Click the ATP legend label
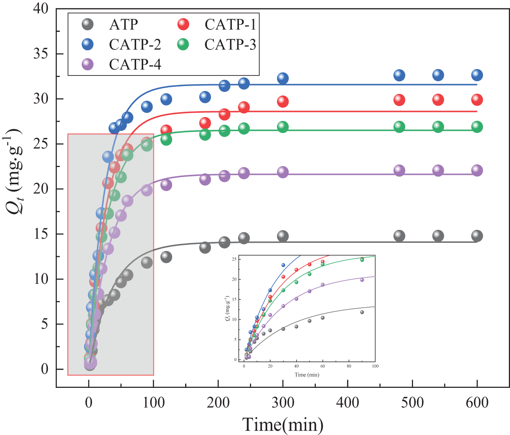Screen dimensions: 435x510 [124, 24]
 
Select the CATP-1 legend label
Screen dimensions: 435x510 [230, 24]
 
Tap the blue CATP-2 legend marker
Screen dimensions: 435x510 [88, 44]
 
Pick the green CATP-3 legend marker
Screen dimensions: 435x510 [183, 44]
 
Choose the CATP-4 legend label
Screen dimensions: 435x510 [135, 64]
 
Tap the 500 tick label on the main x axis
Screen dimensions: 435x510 [412, 403]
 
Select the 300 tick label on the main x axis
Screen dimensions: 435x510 [283, 403]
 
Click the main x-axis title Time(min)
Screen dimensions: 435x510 [283, 425]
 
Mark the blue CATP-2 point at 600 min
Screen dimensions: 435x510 [477, 75]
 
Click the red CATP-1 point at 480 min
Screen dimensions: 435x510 [399, 100]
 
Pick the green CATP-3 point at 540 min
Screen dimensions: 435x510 [438, 127]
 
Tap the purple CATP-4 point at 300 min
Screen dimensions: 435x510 [283, 172]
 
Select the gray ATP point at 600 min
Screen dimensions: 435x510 [477, 236]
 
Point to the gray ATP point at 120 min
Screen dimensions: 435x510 [166, 257]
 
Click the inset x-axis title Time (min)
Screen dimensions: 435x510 [307, 375]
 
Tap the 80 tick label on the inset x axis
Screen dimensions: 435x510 [349, 367]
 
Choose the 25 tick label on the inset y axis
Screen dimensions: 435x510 [235, 259]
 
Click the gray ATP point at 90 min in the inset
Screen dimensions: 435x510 [362, 312]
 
